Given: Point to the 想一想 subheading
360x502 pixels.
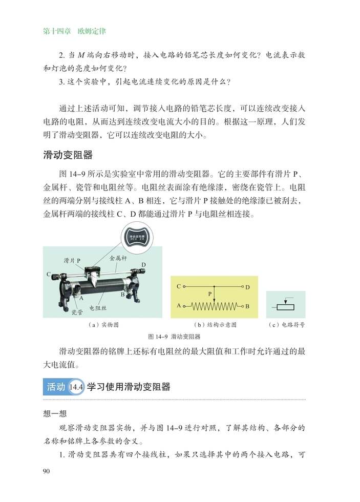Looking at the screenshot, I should (55, 414).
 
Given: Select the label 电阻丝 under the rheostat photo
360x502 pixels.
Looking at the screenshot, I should (98, 308).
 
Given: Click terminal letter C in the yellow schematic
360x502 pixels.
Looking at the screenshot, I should (178, 286).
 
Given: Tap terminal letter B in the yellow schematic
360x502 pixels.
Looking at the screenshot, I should (247, 306).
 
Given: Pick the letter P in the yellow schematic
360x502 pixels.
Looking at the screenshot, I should (210, 295).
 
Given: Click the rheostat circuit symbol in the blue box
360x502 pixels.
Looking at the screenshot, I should (286, 305).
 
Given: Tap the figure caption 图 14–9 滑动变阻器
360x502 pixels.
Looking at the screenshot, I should (174, 337).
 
